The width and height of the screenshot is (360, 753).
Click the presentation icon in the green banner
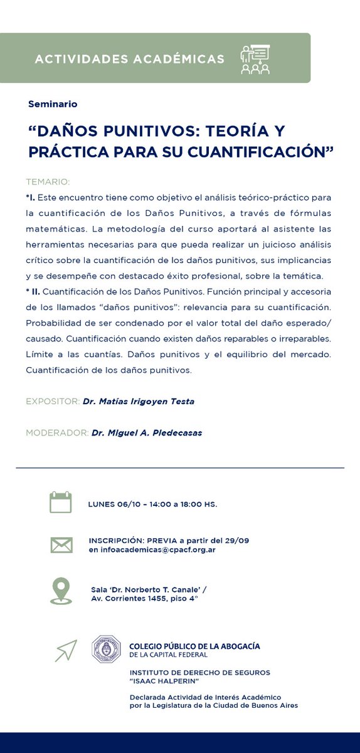pos(255,59)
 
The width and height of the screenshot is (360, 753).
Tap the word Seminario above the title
pos(53,104)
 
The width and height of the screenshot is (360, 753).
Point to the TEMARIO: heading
pos(48,182)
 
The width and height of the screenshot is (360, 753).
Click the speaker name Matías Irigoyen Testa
pos(138,402)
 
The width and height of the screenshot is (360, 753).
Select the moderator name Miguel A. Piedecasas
pos(147,433)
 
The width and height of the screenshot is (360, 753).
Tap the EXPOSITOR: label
pos(53,402)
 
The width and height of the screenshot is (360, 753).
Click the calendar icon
pos(61,503)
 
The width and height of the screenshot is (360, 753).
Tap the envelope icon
pos(61,545)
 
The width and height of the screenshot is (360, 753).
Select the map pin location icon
pos(61,591)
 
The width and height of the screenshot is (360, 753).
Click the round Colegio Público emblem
pos(106,649)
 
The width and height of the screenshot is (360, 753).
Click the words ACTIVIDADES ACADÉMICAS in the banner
pos(129,59)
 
